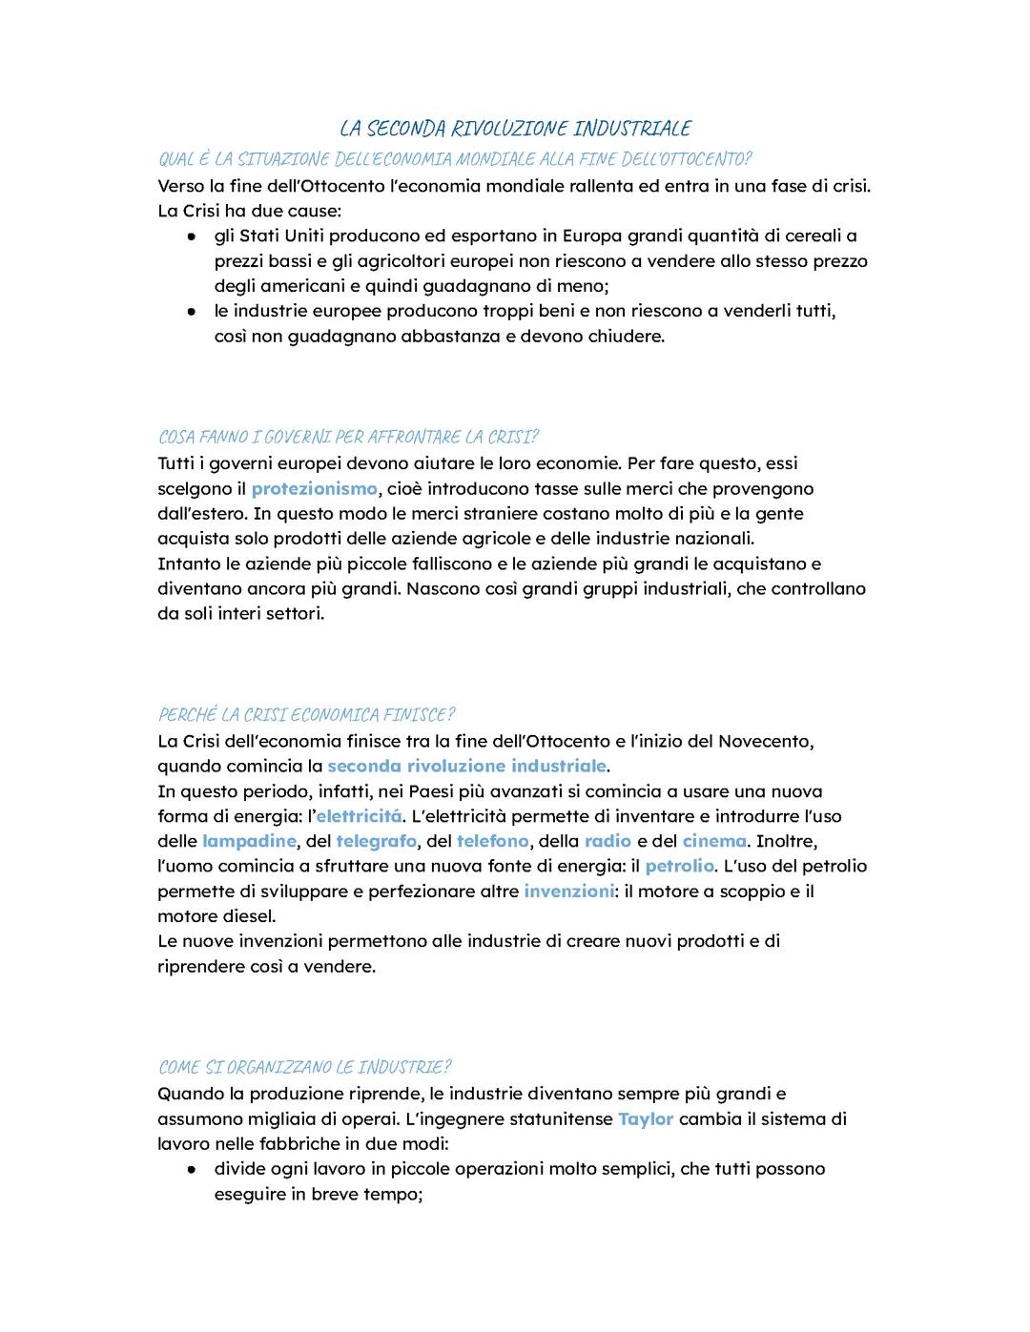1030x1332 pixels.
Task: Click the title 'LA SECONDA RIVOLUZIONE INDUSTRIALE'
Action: [515, 128]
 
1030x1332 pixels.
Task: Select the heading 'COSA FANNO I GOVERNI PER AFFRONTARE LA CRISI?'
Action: [348, 437]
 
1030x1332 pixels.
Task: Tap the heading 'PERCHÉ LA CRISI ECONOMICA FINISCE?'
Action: [306, 714]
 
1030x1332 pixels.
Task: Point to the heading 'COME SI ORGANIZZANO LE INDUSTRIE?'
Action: [304, 1067]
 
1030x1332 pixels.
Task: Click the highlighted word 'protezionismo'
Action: [314, 489]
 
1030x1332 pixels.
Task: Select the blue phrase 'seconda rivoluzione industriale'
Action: [466, 766]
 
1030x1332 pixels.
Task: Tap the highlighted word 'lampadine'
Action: [249, 841]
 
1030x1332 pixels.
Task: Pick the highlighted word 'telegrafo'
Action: [376, 841]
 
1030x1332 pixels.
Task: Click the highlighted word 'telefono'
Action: [492, 841]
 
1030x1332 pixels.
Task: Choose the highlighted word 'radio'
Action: [608, 841]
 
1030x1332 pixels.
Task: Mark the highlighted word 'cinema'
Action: [714, 841]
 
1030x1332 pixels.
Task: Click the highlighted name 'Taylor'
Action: [646, 1118]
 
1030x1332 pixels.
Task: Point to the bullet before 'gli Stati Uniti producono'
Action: [192, 236]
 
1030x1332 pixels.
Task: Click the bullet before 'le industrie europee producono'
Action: [192, 311]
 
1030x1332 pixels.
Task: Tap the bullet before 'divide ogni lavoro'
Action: [192, 1169]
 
